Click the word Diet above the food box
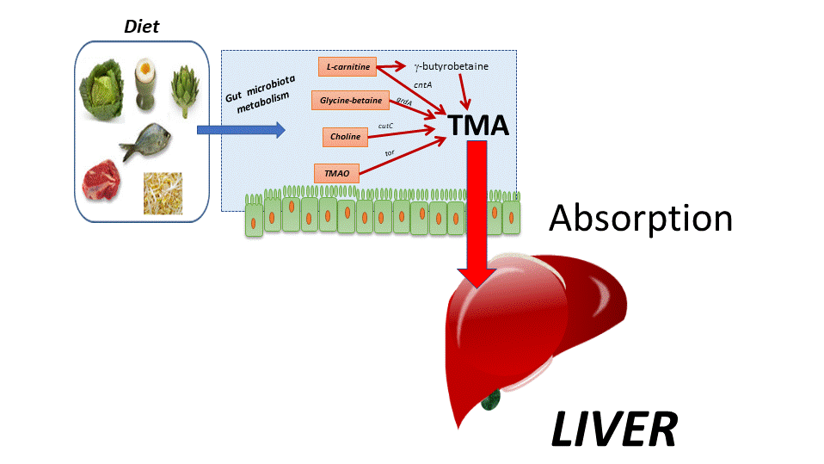click(141, 26)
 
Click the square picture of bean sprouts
click(163, 193)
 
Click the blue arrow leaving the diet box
click(240, 130)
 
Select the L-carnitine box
click(347, 66)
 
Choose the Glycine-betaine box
click(351, 101)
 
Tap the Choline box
click(345, 136)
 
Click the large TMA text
click(478, 127)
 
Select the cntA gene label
click(422, 85)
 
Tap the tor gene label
click(390, 152)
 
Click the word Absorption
click(641, 219)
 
